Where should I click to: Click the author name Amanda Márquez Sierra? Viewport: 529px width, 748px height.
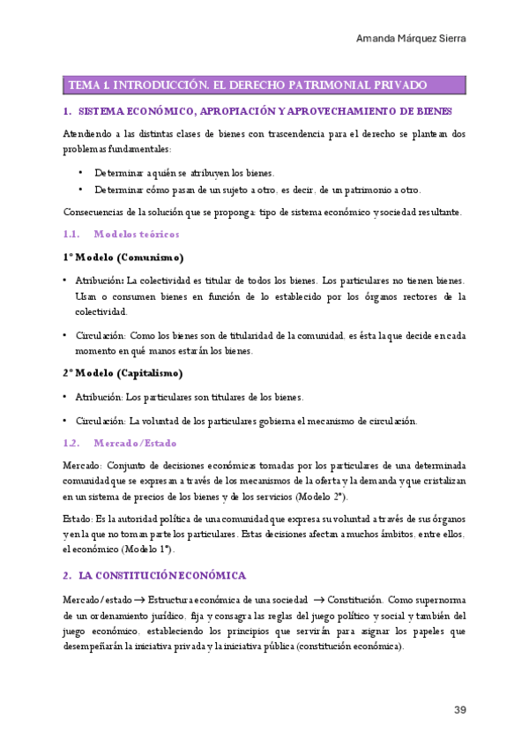point(411,39)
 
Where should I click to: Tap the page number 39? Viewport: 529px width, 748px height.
point(460,710)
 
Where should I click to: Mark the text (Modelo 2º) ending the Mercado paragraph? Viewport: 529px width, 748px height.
point(323,497)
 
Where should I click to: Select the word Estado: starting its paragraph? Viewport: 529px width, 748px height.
point(78,518)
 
